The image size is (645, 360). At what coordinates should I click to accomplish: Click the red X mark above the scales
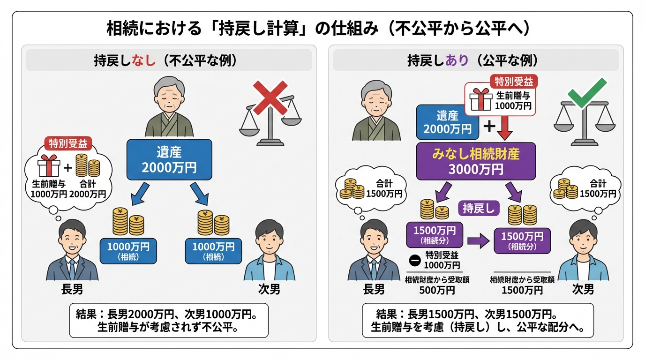click(x=270, y=97)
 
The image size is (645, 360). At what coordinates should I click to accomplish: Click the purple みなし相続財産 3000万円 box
click(x=476, y=161)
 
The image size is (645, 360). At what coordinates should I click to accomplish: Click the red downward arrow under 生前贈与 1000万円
click(x=505, y=128)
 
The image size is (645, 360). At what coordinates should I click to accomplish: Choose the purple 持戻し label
click(x=479, y=209)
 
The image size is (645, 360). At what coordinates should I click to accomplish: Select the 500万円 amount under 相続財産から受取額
click(x=437, y=290)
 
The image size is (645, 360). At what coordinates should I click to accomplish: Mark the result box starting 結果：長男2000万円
click(x=169, y=320)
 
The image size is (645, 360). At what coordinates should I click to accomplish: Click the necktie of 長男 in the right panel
click(x=374, y=268)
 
